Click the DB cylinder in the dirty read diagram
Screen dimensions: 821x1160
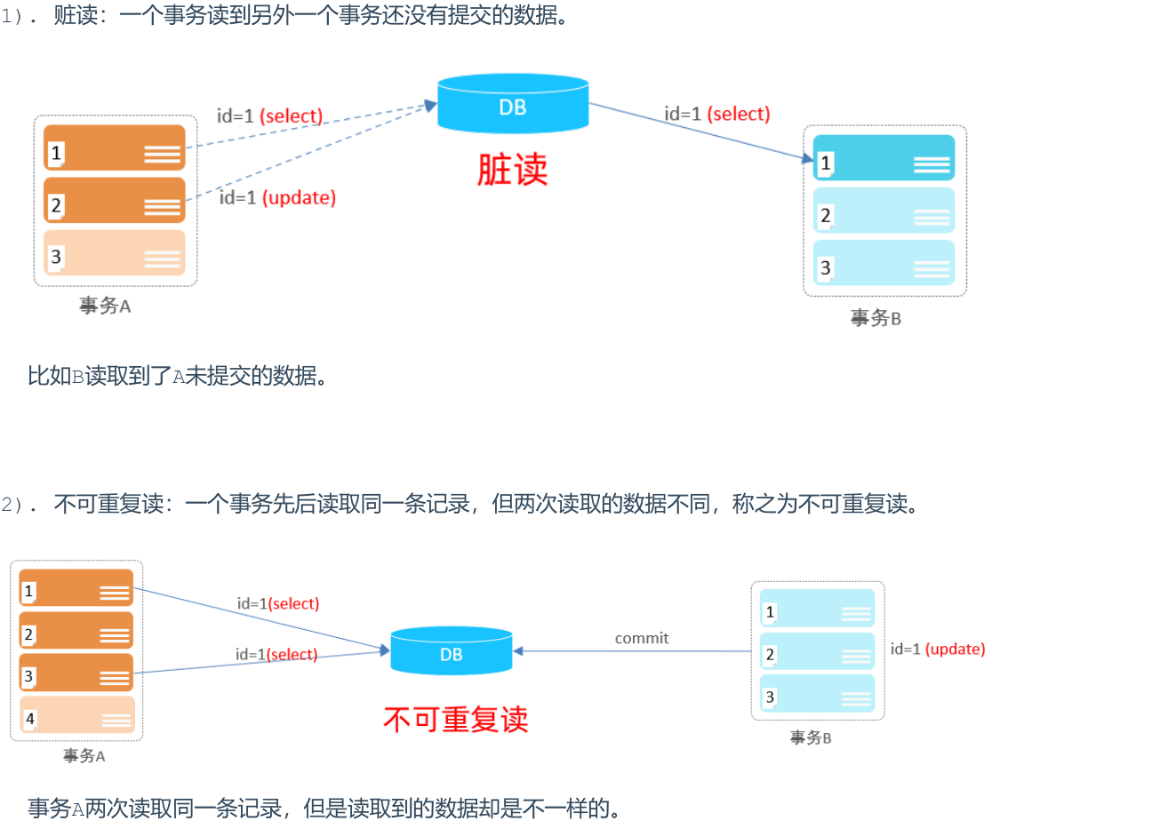(x=513, y=106)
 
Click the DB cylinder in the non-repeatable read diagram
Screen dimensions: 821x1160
(x=451, y=653)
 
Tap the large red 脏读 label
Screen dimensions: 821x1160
(x=513, y=170)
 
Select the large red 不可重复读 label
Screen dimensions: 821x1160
(x=456, y=719)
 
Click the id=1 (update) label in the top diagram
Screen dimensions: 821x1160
(x=278, y=198)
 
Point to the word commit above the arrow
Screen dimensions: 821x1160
(x=642, y=638)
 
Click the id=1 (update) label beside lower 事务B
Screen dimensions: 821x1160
(x=938, y=649)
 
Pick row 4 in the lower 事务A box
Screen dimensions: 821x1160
(x=77, y=714)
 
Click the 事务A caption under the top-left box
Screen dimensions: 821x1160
(x=105, y=307)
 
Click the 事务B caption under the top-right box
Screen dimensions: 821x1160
(x=876, y=318)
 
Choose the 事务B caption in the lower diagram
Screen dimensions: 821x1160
(x=811, y=737)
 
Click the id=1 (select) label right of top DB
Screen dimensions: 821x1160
(x=717, y=114)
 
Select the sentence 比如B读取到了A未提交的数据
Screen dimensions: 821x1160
(x=179, y=376)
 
